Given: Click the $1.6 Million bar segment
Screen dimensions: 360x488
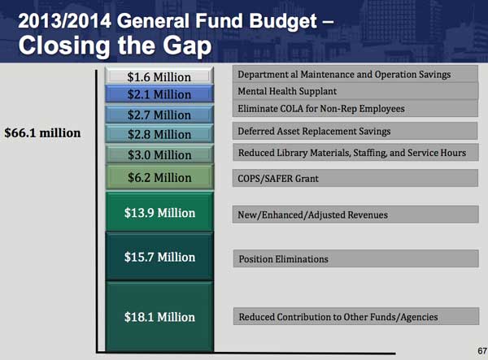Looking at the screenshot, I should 159,77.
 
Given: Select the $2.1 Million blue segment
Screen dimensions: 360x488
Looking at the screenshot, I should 159,95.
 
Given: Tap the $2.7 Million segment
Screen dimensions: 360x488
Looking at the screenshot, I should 159,115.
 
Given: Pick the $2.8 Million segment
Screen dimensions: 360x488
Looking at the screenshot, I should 159,135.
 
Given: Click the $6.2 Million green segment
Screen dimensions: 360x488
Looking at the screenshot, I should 159,177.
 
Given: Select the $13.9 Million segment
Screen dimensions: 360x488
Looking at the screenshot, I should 159,213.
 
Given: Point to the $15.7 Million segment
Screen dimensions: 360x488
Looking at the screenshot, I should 159,257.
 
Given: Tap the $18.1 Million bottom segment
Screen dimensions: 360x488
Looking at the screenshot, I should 159,316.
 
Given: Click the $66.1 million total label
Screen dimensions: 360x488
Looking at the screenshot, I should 42,132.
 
